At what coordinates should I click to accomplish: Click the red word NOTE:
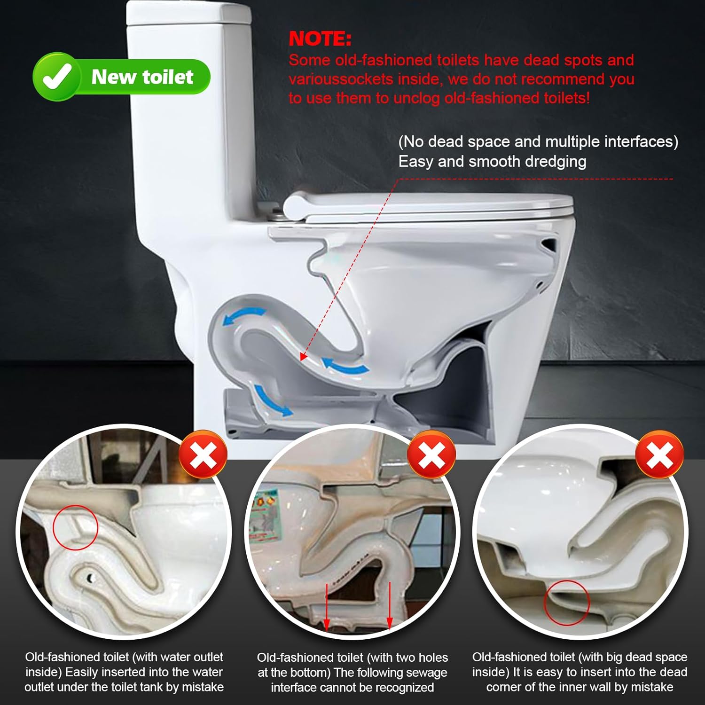click(320, 39)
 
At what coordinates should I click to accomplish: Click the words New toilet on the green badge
click(142, 77)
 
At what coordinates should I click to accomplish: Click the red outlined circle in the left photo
click(75, 527)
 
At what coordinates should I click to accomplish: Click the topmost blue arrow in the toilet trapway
click(244, 315)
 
